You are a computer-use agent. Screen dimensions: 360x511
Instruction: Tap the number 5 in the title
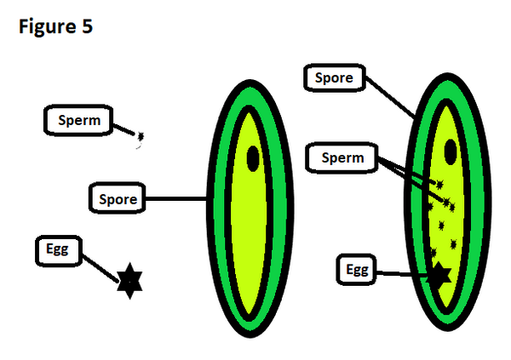87,27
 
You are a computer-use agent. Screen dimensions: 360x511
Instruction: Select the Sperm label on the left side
79,121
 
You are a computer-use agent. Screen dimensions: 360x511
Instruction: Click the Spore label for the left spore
118,199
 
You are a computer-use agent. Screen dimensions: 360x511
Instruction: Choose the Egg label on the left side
59,249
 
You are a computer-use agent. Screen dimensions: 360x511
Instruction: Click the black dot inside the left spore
253,157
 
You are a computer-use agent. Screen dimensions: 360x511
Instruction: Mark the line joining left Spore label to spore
176,200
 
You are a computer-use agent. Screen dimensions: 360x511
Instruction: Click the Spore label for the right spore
334,78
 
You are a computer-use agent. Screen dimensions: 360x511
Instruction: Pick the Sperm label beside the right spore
342,157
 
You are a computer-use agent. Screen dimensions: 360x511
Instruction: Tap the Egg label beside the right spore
358,270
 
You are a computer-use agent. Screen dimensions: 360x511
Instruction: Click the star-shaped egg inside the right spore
439,275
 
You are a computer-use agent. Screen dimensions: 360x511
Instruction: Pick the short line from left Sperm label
126,129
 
